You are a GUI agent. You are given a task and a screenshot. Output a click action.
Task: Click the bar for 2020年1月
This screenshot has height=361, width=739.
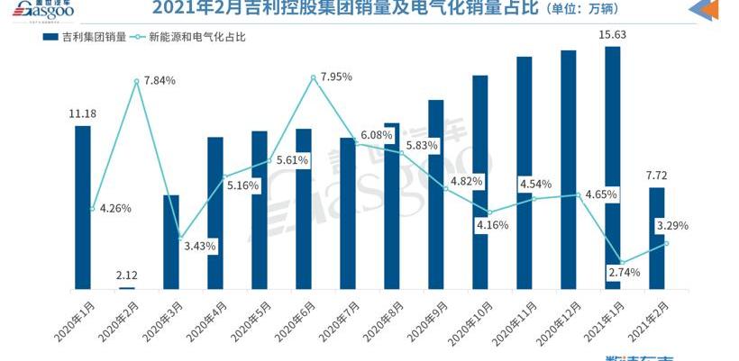[82, 207]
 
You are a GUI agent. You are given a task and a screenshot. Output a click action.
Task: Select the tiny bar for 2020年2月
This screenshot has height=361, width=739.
[127, 287]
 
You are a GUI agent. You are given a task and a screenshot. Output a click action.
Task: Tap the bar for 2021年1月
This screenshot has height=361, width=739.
[613, 167]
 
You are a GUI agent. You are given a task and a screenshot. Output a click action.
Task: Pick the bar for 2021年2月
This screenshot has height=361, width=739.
[657, 238]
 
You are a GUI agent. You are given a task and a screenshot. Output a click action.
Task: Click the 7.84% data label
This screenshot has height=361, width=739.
[159, 81]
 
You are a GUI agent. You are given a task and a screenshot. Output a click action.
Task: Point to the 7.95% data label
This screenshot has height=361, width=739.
[335, 77]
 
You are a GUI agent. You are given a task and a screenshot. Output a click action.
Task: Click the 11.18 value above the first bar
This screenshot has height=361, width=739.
[82, 113]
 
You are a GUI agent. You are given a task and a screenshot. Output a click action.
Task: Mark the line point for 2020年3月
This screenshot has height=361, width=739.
[179, 236]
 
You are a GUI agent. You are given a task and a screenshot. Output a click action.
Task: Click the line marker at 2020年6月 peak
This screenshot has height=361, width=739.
[313, 77]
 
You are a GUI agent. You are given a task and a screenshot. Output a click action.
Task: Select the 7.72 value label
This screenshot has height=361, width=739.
[657, 175]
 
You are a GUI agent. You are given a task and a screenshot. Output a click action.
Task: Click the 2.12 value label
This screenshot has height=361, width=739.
[127, 274]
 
